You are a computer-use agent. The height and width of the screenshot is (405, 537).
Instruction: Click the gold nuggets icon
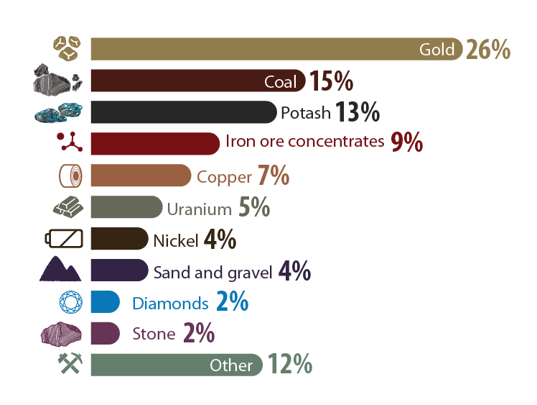pyautogui.click(x=69, y=49)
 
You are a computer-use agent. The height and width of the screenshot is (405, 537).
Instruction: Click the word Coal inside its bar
pyautogui.click(x=280, y=81)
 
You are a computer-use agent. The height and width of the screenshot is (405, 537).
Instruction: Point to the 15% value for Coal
pyautogui.click(x=331, y=81)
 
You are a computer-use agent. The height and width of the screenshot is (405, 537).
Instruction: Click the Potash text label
pyautogui.click(x=305, y=113)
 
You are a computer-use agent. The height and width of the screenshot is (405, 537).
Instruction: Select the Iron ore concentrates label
pyautogui.click(x=304, y=142)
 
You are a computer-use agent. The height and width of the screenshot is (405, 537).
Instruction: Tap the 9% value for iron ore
pyautogui.click(x=406, y=143)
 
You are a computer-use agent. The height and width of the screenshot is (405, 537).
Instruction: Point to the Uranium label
pyautogui.click(x=199, y=209)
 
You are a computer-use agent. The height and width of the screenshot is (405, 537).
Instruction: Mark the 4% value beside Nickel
pyautogui.click(x=220, y=240)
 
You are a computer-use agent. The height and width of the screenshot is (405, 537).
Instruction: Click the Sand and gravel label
pyautogui.click(x=213, y=272)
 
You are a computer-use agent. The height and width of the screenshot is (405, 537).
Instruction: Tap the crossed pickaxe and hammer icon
pyautogui.click(x=70, y=365)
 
